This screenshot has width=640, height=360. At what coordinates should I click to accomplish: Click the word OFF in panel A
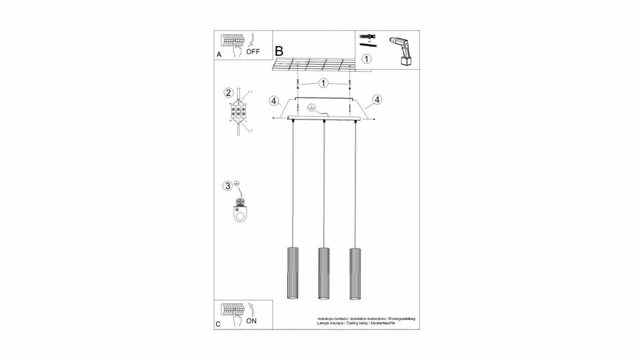click(253, 51)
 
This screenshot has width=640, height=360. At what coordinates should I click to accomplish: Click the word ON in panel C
click(251, 321)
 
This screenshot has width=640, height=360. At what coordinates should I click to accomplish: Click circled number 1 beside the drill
click(366, 58)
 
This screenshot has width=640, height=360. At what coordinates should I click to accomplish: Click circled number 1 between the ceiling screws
click(324, 83)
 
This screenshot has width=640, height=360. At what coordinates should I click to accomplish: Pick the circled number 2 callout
click(228, 93)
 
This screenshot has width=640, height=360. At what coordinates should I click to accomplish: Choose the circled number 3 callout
click(228, 186)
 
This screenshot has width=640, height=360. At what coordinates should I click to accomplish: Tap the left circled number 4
click(273, 100)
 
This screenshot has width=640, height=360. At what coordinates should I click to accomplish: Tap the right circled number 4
click(377, 100)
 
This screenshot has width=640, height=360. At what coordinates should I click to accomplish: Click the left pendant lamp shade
click(292, 272)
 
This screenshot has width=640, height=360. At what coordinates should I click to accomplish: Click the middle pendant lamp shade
click(324, 272)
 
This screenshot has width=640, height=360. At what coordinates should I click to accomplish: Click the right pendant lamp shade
click(355, 272)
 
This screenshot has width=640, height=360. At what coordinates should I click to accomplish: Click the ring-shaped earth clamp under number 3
click(240, 214)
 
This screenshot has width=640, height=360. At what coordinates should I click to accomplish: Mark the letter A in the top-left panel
click(219, 55)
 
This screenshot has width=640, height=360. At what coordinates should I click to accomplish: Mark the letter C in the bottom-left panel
click(218, 324)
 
